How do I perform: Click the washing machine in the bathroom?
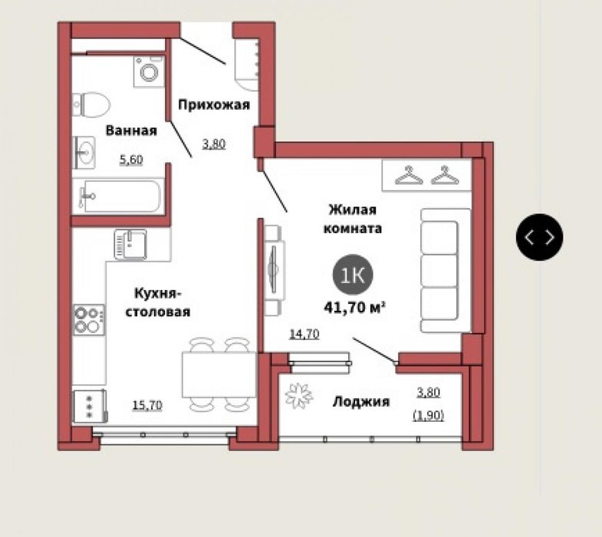150,71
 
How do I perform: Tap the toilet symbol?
91,104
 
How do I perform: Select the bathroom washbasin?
84,153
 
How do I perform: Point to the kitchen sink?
130,244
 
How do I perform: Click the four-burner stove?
89,320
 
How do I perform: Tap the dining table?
219,374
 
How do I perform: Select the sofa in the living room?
446,271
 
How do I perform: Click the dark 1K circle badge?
353,275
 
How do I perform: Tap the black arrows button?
539,237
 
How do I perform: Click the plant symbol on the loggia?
298,396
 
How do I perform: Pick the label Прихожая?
214,104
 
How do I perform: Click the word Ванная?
131,130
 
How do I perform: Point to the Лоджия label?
361,402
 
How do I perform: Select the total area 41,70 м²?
354,308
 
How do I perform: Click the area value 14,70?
304,334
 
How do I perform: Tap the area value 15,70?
147,405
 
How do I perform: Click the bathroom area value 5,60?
131,159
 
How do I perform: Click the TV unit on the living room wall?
275,271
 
